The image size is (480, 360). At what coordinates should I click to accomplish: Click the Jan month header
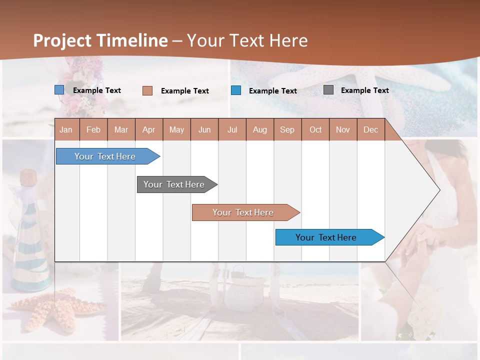click(66, 129)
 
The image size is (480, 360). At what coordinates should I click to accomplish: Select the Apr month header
click(149, 129)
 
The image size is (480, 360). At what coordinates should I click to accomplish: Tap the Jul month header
click(232, 129)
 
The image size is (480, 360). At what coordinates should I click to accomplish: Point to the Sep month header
click(287, 129)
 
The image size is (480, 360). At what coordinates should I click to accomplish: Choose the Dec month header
click(370, 129)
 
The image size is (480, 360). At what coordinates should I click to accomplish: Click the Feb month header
click(93, 129)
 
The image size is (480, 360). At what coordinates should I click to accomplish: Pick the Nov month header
click(342, 129)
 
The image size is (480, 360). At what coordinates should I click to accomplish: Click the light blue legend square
click(59, 90)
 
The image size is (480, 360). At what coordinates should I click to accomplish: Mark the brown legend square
click(147, 90)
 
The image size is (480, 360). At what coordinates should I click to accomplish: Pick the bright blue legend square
click(236, 90)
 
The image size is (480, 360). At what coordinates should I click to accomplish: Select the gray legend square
click(328, 90)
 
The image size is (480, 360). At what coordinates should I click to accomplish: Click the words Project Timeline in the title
click(100, 40)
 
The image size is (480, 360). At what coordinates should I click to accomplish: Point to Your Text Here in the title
click(247, 40)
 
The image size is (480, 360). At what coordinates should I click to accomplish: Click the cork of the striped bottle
click(28, 177)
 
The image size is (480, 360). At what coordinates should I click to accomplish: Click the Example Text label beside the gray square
click(364, 90)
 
